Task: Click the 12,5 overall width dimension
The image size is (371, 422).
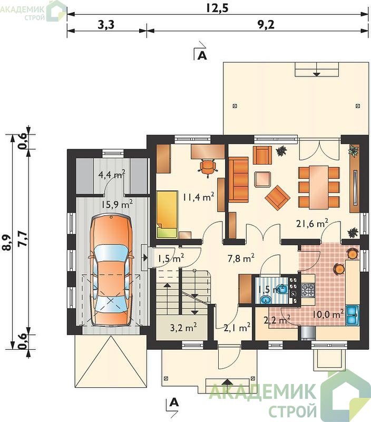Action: (217, 8)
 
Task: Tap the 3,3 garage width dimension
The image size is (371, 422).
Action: (106, 24)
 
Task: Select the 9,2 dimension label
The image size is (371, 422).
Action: (266, 24)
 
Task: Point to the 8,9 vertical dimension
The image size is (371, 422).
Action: (8, 242)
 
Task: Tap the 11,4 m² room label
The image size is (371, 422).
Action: (198, 197)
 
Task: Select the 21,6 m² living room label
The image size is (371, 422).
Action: (312, 223)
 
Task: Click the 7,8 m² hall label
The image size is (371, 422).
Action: (241, 258)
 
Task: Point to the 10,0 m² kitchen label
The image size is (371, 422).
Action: (328, 314)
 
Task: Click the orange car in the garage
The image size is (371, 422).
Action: (111, 271)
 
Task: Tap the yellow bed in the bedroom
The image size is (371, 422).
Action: (167, 214)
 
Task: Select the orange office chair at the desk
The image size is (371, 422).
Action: (208, 168)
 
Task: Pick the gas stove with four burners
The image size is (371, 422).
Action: (308, 290)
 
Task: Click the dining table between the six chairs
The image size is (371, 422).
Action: (319, 187)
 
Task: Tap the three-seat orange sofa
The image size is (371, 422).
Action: (238, 179)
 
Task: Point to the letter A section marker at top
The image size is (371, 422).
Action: (202, 55)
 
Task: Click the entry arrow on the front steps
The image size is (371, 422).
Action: (228, 382)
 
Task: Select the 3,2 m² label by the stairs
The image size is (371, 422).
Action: (183, 327)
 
